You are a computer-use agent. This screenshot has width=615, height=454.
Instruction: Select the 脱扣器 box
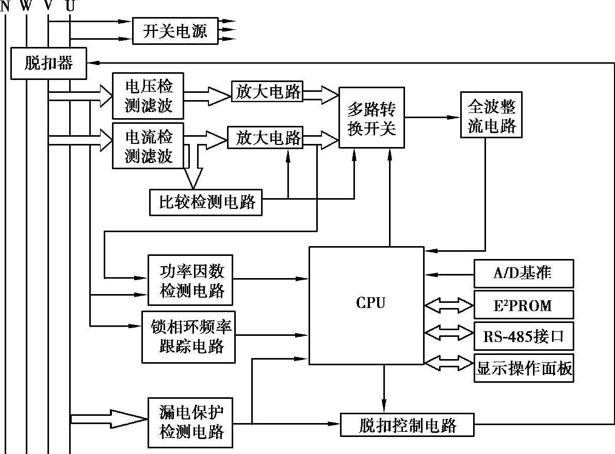tap(48, 64)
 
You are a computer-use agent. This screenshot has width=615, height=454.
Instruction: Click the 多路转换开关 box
tap(371, 118)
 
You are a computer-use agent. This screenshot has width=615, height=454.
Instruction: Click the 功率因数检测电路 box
tap(190, 280)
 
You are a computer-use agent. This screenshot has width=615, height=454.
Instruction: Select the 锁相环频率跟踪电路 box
tap(188, 336)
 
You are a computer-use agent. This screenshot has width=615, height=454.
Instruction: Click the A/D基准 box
tap(524, 273)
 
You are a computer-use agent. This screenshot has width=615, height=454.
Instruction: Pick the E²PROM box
tap(524, 305)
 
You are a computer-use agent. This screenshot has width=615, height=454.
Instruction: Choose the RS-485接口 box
tap(524, 337)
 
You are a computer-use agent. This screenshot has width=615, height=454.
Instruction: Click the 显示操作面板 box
tap(524, 368)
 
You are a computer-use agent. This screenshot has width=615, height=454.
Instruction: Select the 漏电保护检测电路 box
tap(190, 423)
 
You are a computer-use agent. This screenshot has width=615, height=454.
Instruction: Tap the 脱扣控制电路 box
tap(407, 426)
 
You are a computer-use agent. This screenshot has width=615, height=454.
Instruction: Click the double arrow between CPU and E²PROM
tap(449, 305)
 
